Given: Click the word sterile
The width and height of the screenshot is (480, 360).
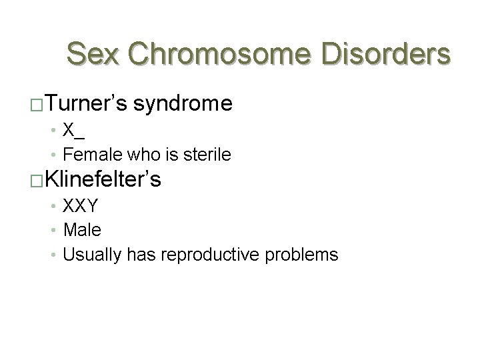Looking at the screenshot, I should pos(209,155).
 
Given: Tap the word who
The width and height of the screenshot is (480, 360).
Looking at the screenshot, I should pos(134,155).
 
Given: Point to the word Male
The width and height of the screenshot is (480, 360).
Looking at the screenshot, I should pos(82,231).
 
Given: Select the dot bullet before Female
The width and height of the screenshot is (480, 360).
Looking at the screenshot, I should pos(55,155).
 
